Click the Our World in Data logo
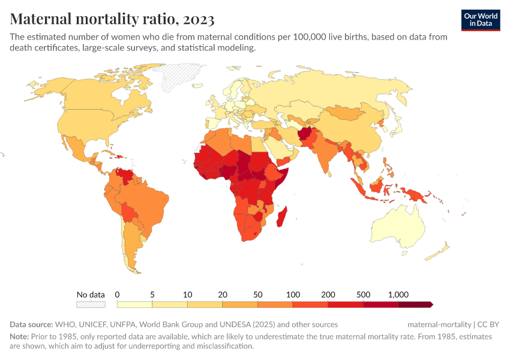click(481, 20)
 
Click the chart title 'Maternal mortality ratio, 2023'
click(112, 19)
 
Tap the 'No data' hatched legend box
click(91, 305)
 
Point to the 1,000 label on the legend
click(398, 295)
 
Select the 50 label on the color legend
click(257, 295)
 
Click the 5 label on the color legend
click(152, 295)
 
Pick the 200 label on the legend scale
click(328, 295)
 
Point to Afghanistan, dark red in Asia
click(306, 136)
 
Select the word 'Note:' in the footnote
click(20, 337)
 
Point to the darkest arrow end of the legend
click(430, 305)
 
